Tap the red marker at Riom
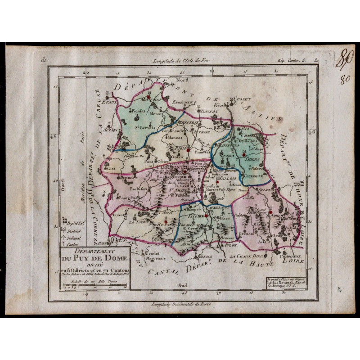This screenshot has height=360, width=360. coord(189,150)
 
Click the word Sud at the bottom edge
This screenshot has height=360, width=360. coord(182,284)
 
